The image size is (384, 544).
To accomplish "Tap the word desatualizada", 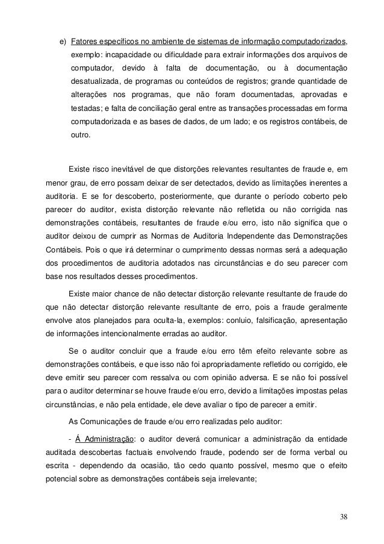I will (x=96, y=81).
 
